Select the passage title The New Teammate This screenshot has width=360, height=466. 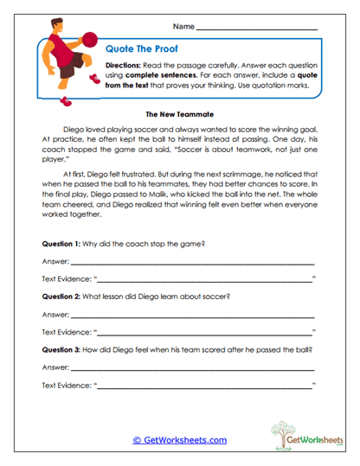tap(179, 113)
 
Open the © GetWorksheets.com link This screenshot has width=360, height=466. tap(179, 440)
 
